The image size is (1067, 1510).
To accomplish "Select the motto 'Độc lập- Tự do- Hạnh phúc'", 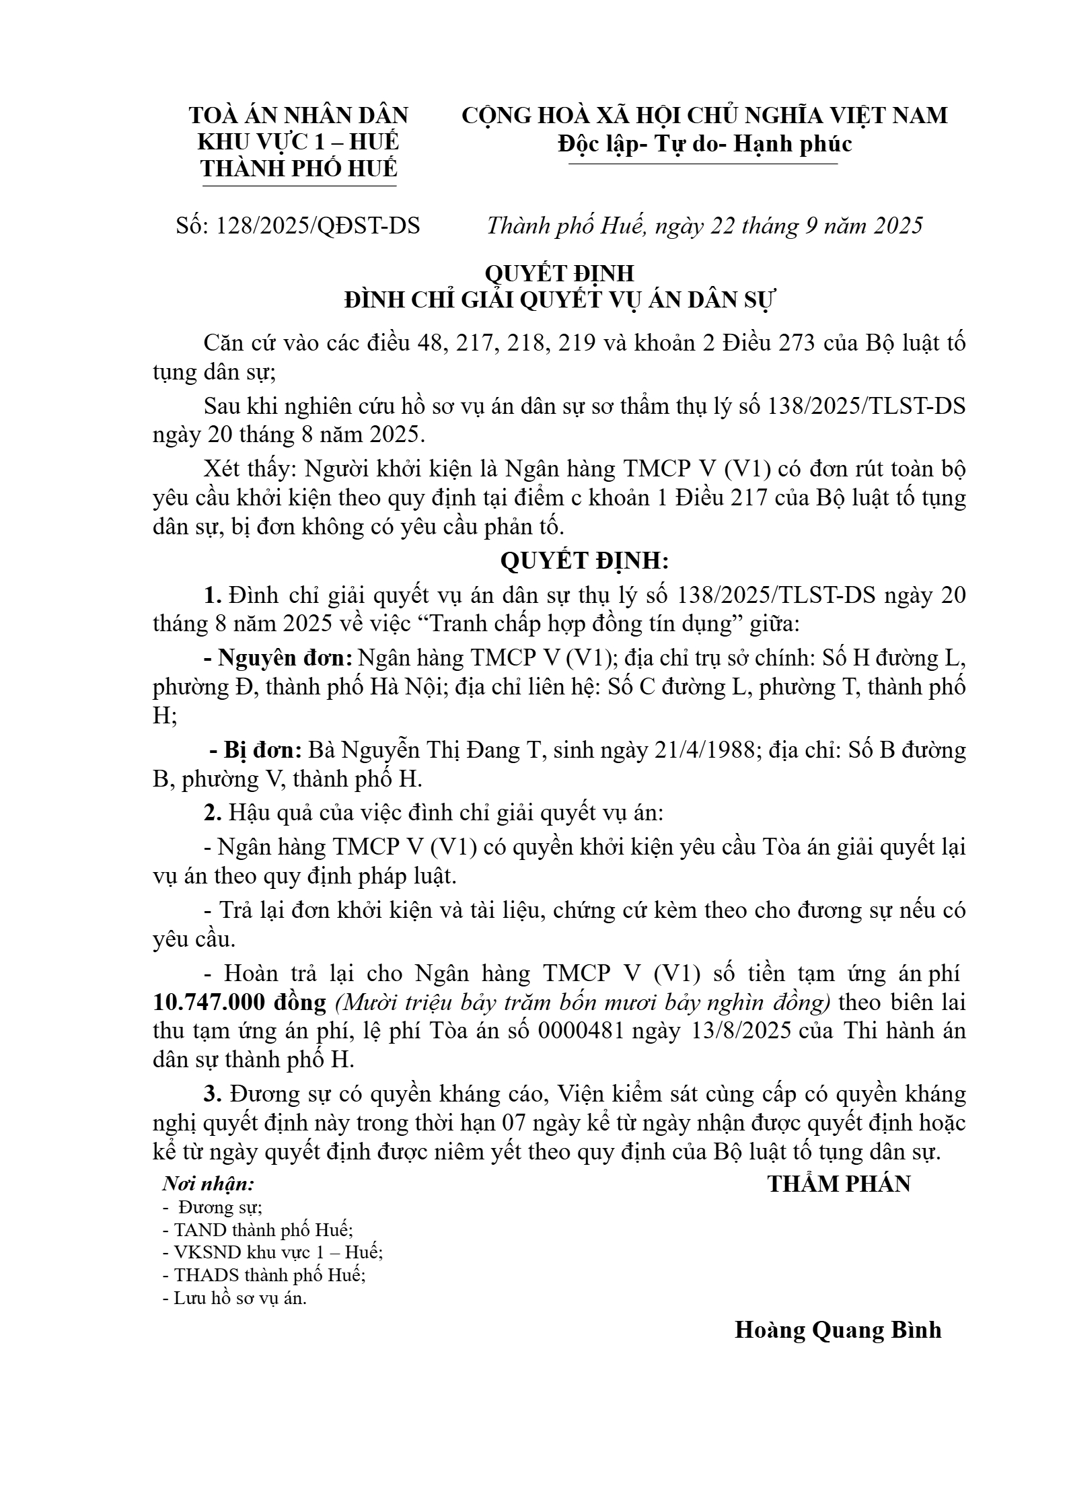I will tap(704, 144).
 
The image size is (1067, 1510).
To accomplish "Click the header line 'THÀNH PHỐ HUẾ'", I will tap(299, 169).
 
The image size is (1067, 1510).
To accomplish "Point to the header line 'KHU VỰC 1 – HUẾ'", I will tap(298, 142).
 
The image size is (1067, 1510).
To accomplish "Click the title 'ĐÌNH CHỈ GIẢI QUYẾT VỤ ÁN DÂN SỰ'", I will tap(560, 300).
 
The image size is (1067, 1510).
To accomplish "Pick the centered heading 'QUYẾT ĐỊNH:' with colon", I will tap(584, 561).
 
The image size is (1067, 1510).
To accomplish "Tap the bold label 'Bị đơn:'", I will tap(262, 750).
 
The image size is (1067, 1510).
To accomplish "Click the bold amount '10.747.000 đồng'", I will tap(240, 1003).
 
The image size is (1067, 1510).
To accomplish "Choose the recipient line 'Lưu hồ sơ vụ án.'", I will tap(235, 1298).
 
